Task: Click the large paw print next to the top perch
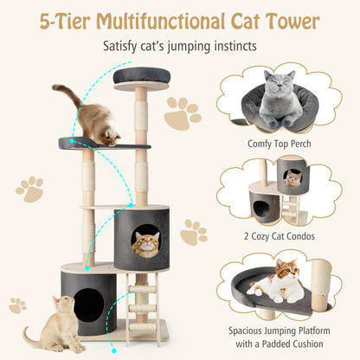(x=183, y=113)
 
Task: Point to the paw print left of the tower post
(x=29, y=189)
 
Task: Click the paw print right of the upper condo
(x=193, y=232)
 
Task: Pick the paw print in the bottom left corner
(x=16, y=305)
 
